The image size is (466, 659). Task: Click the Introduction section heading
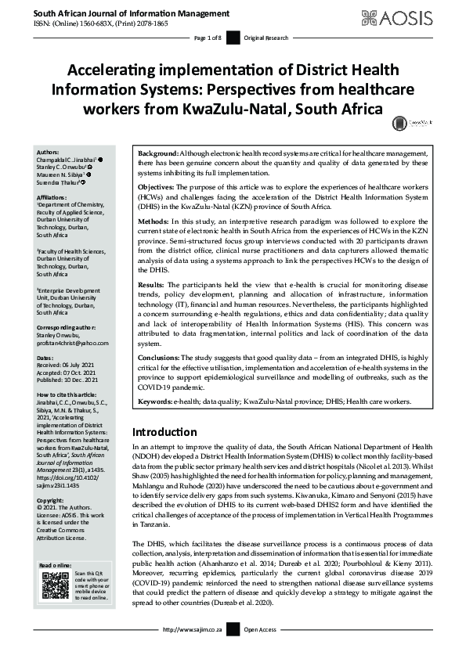pos(164,431)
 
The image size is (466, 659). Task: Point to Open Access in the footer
pos(262,650)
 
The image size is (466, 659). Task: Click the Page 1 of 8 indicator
pos(208,38)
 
